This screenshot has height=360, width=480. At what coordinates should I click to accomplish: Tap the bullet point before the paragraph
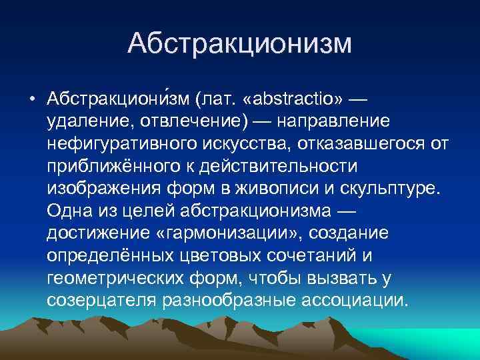pyautogui.click(x=32, y=100)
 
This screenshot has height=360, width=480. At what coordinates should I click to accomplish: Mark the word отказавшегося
pyautogui.click(x=360, y=144)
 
